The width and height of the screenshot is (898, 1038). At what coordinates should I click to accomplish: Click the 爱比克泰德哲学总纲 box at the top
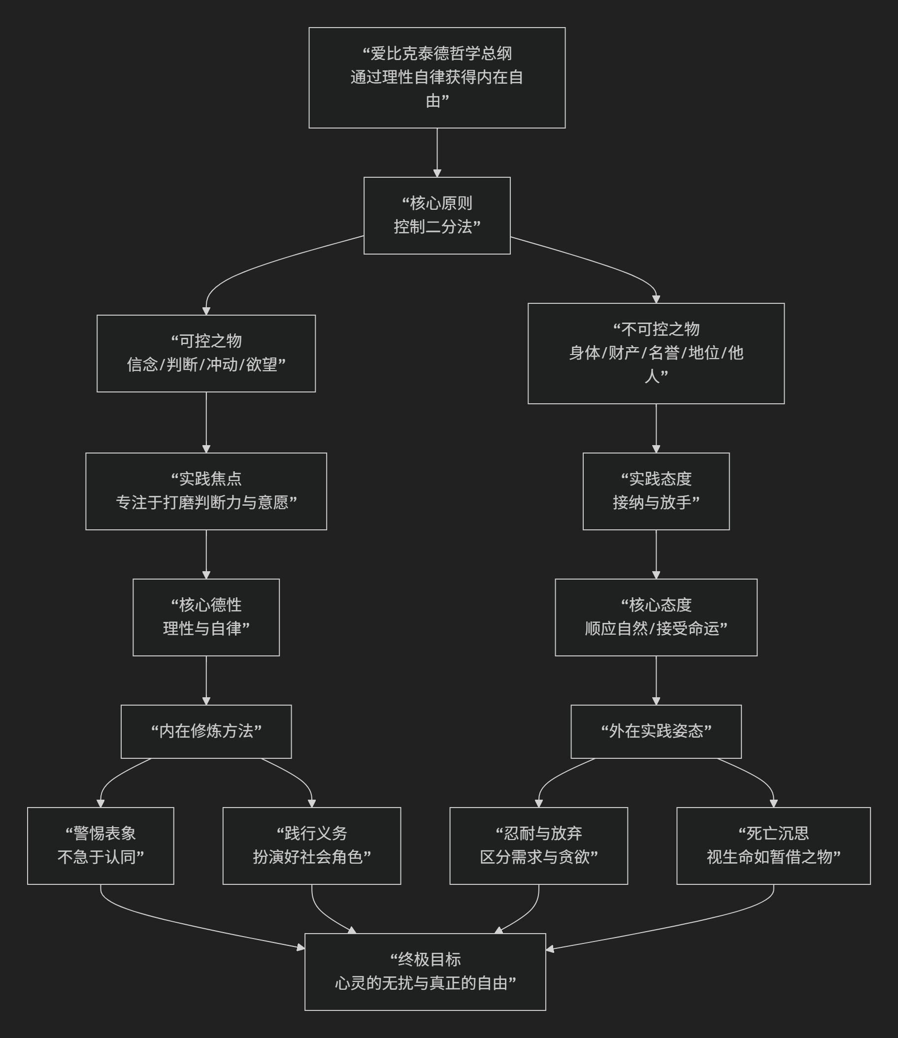point(436,78)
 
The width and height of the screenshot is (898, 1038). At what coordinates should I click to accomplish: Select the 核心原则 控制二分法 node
point(436,215)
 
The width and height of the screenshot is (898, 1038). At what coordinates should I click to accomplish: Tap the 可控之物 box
point(206,353)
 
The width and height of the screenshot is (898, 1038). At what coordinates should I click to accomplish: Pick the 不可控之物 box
point(656,353)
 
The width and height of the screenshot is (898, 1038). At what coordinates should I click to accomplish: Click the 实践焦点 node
point(206,491)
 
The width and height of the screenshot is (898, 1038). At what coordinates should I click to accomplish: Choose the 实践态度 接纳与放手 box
point(656,491)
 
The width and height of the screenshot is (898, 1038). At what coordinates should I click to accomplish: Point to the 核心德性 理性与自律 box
point(206,617)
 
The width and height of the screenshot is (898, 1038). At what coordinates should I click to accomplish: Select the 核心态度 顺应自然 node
point(656,617)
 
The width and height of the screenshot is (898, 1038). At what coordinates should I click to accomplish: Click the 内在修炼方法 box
point(206,731)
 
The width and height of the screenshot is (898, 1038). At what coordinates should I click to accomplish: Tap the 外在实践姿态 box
point(656,731)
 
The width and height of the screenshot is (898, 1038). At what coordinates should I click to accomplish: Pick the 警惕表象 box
point(100,845)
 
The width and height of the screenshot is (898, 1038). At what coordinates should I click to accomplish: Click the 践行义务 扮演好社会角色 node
point(311,845)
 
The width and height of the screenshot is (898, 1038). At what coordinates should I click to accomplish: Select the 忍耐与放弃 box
point(538,845)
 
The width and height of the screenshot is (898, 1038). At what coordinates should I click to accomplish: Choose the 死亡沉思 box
point(773,845)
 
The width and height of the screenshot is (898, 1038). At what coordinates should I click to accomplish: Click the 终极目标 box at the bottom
point(425,972)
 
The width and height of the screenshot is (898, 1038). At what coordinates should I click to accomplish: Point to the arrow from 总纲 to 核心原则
point(437,152)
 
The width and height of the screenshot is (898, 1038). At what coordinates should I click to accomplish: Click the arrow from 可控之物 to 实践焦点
point(206,422)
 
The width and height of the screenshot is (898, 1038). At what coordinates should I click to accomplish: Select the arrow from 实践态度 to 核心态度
point(656,554)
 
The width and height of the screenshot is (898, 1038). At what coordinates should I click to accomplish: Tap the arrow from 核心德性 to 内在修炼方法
point(206,681)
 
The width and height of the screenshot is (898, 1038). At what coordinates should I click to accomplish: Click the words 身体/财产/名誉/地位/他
point(656,353)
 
